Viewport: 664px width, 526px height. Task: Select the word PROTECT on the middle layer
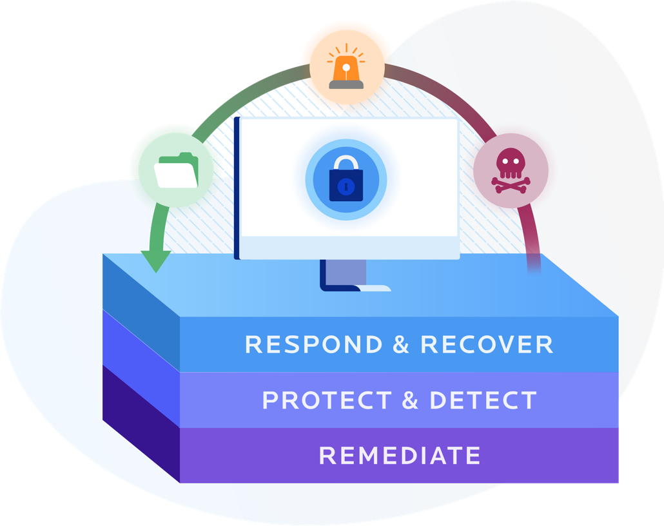pyautogui.click(x=327, y=400)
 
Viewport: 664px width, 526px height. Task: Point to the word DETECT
pyautogui.click(x=483, y=400)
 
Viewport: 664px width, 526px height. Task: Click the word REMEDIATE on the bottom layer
pyautogui.click(x=400, y=456)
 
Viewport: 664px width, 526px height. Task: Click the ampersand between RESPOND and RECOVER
pyautogui.click(x=400, y=344)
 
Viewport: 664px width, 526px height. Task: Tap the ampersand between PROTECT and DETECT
pyautogui.click(x=410, y=400)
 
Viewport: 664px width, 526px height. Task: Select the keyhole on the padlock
pyautogui.click(x=346, y=188)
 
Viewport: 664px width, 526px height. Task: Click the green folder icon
pyautogui.click(x=176, y=171)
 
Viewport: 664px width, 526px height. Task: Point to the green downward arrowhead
pyautogui.click(x=155, y=261)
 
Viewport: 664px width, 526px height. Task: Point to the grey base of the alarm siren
pyautogui.click(x=346, y=83)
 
